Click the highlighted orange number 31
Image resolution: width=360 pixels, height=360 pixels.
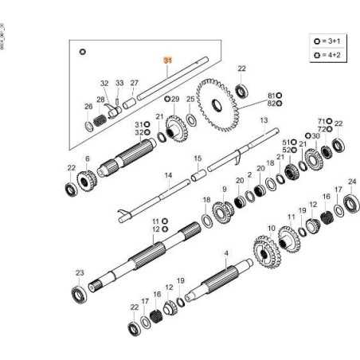(167, 61)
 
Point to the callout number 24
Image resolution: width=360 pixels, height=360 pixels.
(352, 182)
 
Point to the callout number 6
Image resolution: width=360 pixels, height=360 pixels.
(87, 158)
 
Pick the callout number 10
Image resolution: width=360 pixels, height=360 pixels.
(271, 229)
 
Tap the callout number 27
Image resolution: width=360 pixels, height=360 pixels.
(135, 83)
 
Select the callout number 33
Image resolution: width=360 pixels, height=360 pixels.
(119, 83)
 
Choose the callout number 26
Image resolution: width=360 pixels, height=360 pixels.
(88, 106)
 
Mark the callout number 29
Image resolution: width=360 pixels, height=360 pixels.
(175, 99)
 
